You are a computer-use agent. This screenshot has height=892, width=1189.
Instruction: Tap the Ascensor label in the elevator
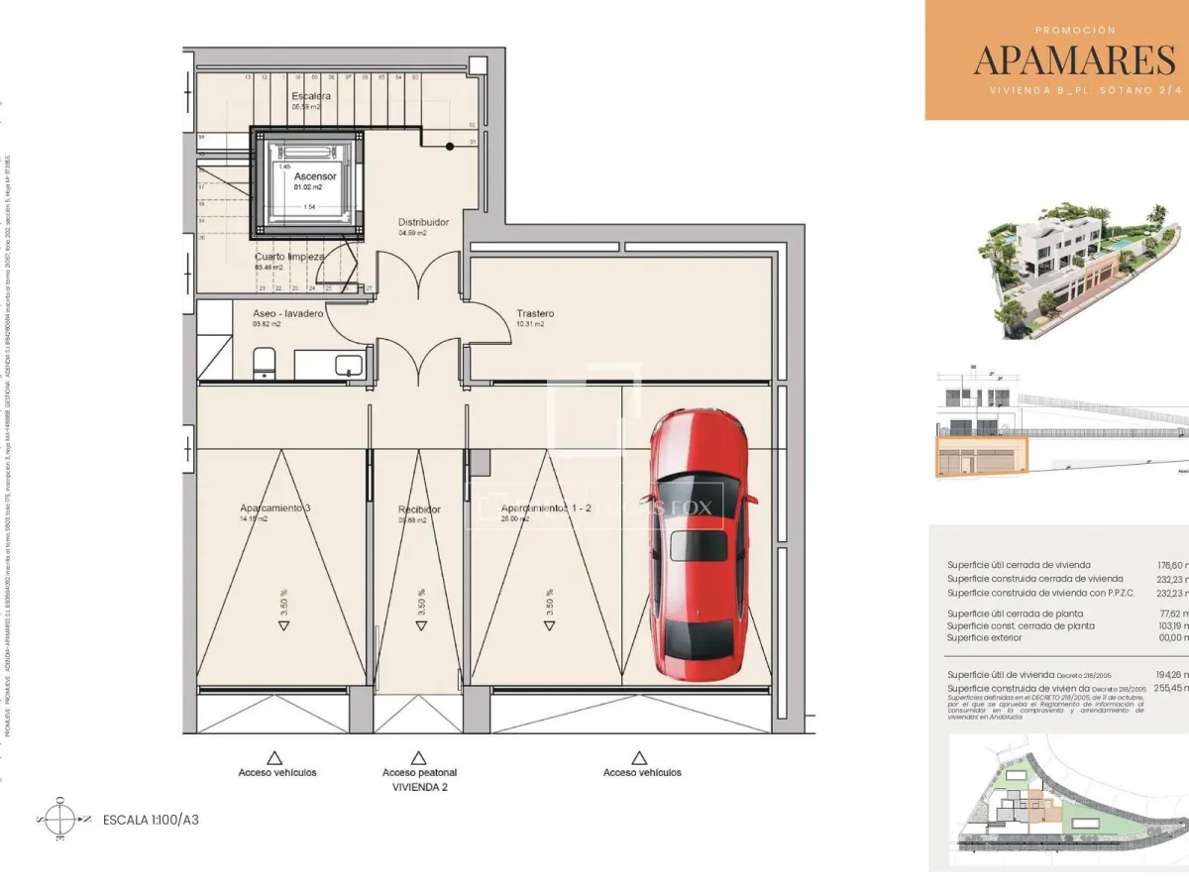(x=315, y=176)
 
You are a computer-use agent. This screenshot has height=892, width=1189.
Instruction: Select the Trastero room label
(x=535, y=314)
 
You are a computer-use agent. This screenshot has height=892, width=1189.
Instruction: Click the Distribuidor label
(x=423, y=222)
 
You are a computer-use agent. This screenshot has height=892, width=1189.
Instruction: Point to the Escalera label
(x=311, y=96)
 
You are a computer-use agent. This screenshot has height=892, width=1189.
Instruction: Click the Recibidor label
(x=419, y=509)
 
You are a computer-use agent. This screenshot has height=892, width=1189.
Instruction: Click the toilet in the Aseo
(x=264, y=363)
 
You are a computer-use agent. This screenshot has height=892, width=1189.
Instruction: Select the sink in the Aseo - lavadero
(x=348, y=365)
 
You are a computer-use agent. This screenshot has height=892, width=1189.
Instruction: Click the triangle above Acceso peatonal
(x=419, y=756)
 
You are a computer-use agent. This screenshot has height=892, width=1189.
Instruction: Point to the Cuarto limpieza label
(x=289, y=256)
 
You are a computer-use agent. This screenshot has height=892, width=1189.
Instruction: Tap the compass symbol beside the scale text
(x=60, y=819)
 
